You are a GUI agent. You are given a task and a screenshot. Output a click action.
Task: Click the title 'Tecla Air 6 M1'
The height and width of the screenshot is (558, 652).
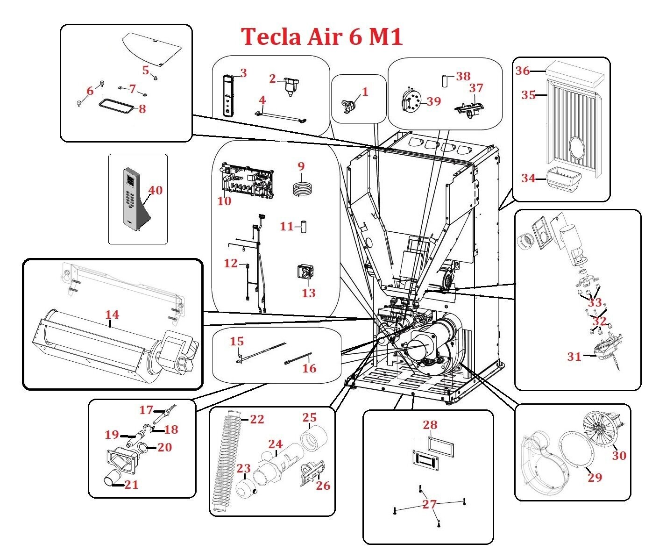pyautogui.click(x=322, y=36)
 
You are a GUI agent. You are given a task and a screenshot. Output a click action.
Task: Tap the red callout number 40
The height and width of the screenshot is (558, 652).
pyautogui.click(x=155, y=191)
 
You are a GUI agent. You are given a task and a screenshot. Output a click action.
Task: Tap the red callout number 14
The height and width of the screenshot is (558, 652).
pyautogui.click(x=112, y=315)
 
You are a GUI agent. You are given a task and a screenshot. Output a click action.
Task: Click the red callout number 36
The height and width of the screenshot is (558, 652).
pyautogui.click(x=523, y=72)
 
